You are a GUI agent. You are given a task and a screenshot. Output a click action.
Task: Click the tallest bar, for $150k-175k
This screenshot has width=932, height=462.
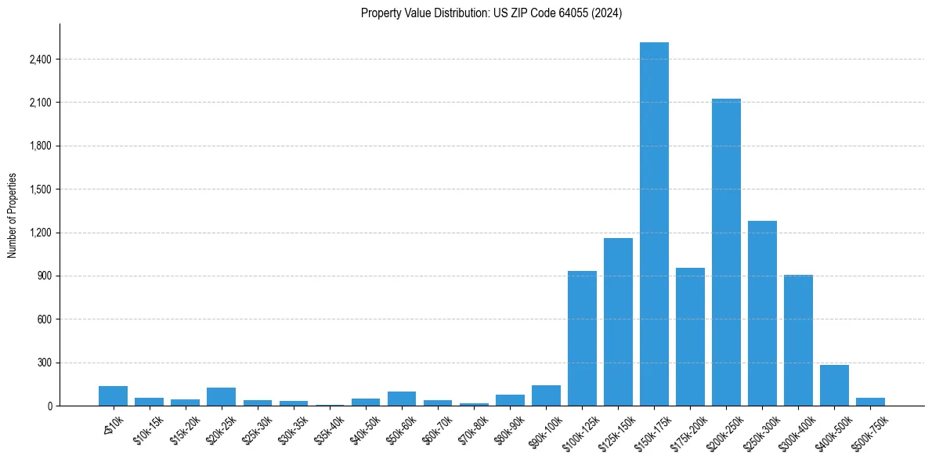pyautogui.click(x=654, y=224)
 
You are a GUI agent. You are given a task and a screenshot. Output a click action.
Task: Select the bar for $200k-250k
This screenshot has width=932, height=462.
pyautogui.click(x=726, y=252)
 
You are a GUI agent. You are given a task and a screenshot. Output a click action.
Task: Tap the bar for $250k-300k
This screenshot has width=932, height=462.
pyautogui.click(x=762, y=313)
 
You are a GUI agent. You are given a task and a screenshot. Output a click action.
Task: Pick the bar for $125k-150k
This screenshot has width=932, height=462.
pyautogui.click(x=618, y=322)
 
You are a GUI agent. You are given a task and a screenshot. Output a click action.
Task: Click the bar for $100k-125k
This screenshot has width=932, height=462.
pyautogui.click(x=582, y=338)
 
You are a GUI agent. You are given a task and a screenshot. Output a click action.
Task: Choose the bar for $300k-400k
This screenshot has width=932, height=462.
pyautogui.click(x=798, y=341)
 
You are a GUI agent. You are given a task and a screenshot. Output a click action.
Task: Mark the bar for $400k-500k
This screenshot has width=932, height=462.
pyautogui.click(x=834, y=385)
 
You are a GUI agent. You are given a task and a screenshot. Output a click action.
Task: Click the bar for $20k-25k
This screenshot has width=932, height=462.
pyautogui.click(x=222, y=397)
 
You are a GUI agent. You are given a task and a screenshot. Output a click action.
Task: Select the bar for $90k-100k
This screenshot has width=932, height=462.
pyautogui.click(x=546, y=395)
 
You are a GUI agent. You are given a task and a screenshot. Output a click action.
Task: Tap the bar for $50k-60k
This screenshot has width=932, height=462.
pyautogui.click(x=402, y=399)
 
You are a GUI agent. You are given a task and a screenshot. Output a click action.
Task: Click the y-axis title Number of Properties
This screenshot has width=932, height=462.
pyautogui.click(x=13, y=215)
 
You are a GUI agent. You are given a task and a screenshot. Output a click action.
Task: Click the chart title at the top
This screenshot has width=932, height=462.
pyautogui.click(x=491, y=13)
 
